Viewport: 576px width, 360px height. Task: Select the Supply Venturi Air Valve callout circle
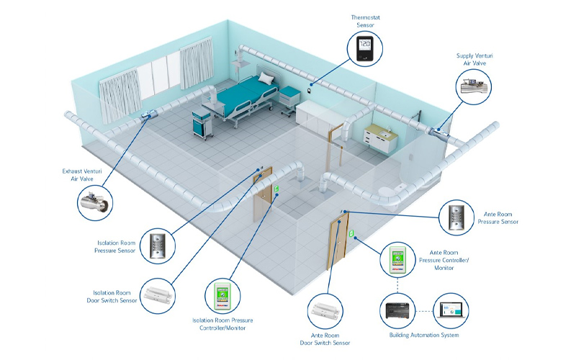[475, 87]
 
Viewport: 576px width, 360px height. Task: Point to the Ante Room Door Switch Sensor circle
[328, 312]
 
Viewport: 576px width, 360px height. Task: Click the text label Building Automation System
[425, 336]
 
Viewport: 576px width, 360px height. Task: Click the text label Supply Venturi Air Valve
[475, 58]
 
